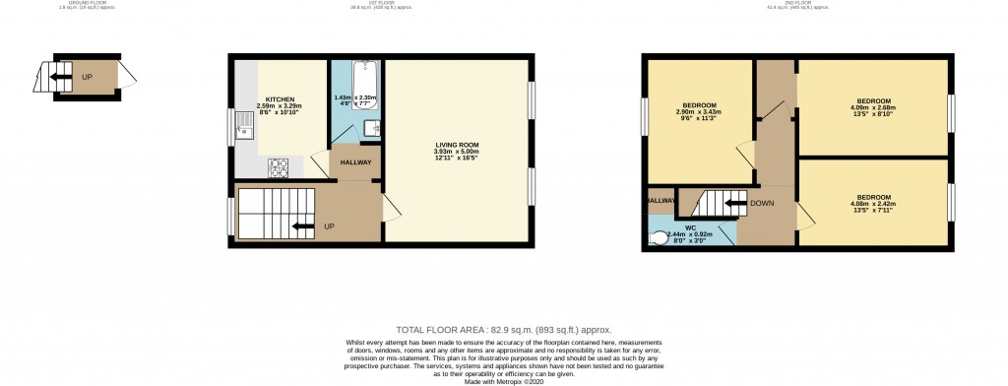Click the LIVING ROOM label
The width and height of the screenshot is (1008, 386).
click(x=456, y=145)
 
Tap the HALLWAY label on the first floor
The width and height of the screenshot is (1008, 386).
click(x=355, y=163)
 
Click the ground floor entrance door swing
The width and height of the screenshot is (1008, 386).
click(x=128, y=75)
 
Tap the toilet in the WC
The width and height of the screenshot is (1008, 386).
click(x=658, y=236)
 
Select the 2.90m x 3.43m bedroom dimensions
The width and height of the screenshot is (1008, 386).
click(x=699, y=113)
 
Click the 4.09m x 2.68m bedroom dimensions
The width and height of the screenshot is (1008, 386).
click(x=874, y=108)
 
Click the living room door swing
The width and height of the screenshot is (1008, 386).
click(x=391, y=205)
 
